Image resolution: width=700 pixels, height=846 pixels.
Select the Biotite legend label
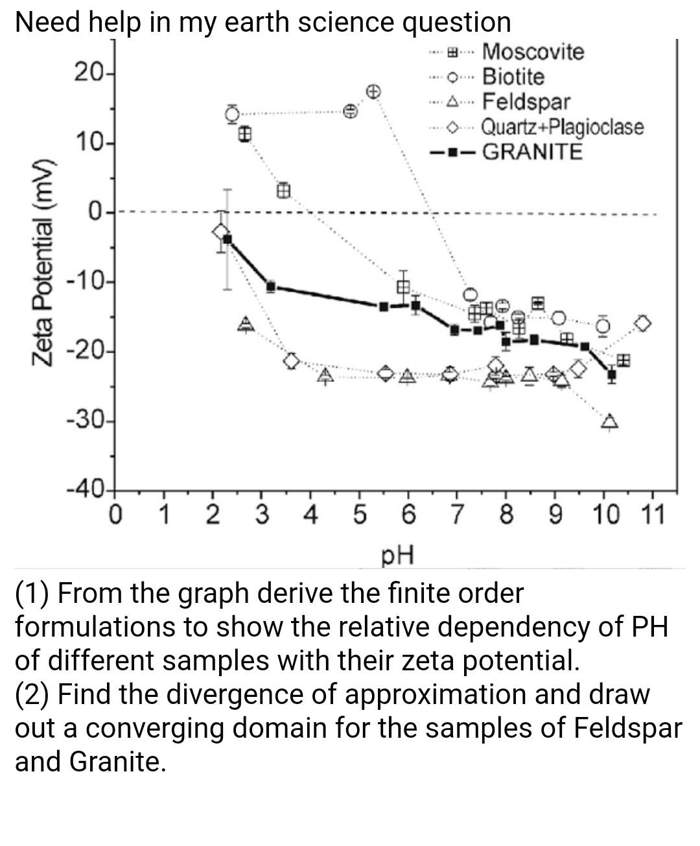pos(513,76)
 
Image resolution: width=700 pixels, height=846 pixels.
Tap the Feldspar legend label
pos(526,101)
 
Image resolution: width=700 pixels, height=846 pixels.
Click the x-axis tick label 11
pos(651,516)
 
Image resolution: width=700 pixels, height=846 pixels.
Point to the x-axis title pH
pos(397,555)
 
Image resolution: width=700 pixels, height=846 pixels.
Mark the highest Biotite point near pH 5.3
pos(373,90)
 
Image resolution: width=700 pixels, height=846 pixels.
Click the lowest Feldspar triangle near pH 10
pos(609,422)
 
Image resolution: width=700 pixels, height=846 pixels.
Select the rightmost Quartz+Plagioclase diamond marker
pos(642,323)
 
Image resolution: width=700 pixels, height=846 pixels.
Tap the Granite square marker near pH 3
pos(271,286)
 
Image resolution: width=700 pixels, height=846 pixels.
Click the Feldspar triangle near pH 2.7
pos(246,323)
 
